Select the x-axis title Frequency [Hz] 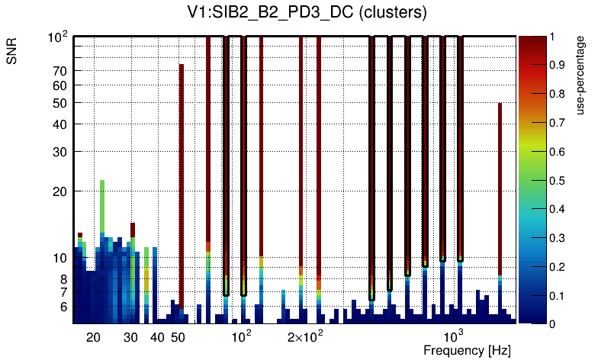[467, 351]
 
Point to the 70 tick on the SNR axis [60, 71]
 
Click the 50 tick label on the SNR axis [60, 103]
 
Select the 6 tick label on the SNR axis [63, 307]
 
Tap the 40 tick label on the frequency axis [157, 337]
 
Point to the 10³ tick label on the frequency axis [455, 336]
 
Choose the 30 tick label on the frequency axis [130, 337]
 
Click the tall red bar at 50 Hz [182, 183]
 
